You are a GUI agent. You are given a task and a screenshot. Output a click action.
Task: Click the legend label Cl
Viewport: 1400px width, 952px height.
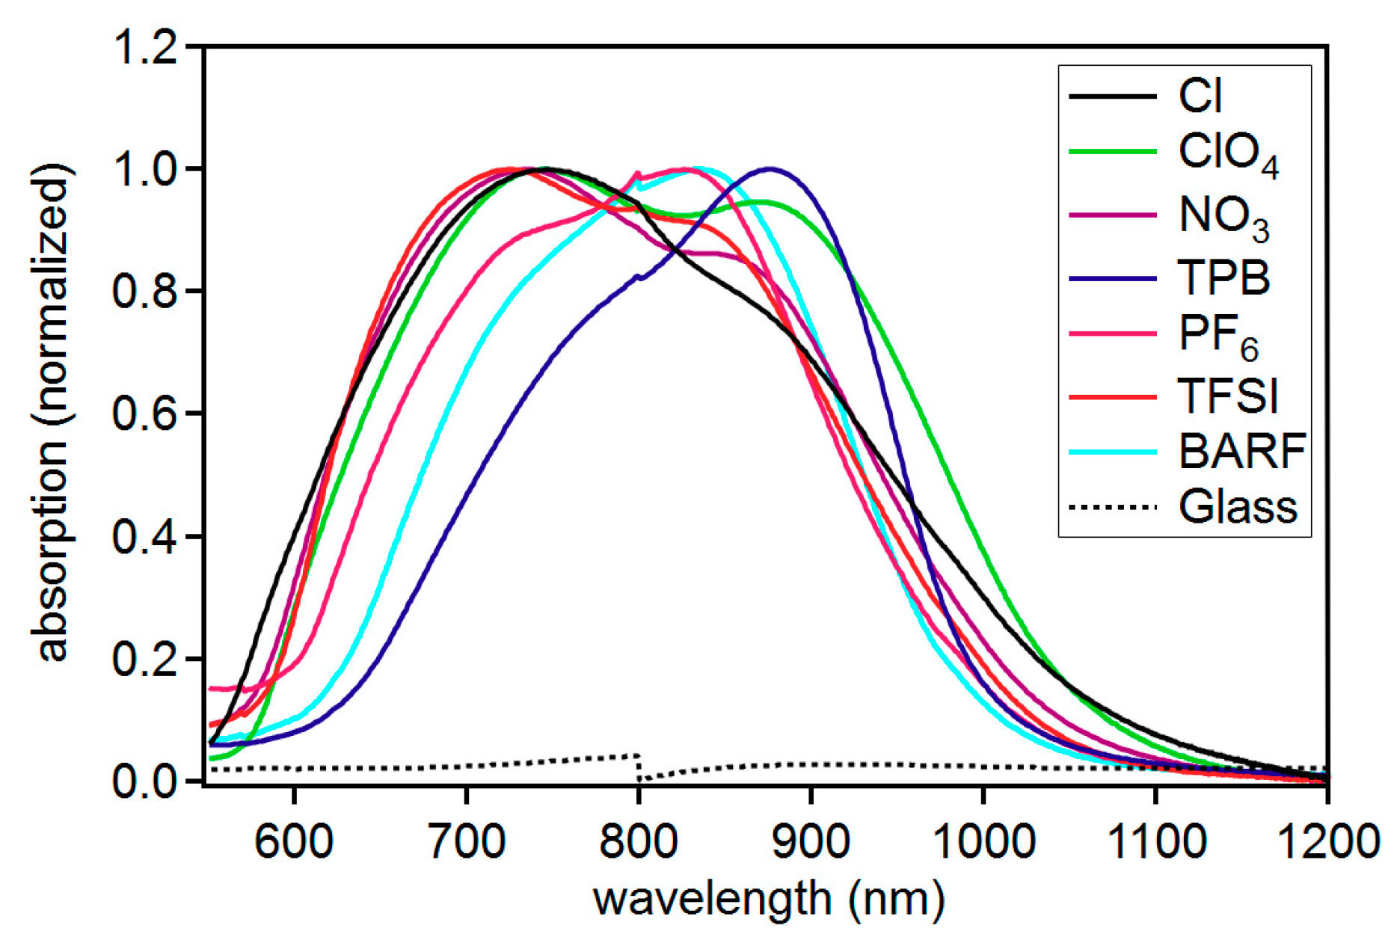1200,96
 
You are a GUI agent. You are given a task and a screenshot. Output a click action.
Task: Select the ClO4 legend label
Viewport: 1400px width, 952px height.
1227,154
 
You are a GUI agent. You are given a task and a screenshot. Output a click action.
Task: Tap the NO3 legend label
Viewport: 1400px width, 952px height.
1224,218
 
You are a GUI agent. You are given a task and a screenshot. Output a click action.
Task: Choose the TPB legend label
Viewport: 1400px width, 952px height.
1224,277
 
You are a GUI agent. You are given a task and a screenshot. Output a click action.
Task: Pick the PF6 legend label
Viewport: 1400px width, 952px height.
1218,336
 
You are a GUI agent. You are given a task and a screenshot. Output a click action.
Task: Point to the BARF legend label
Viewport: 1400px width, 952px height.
1241,451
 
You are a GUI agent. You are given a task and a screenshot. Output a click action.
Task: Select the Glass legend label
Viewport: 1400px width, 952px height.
1237,507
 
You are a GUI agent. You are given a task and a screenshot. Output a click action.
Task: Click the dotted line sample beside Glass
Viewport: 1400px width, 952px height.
1113,507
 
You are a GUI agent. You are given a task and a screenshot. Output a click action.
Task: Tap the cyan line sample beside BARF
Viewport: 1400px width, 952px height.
1113,452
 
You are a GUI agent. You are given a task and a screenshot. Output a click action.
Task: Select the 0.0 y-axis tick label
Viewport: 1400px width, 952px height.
145,781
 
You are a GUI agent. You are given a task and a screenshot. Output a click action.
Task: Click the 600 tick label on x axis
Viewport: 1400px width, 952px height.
294,841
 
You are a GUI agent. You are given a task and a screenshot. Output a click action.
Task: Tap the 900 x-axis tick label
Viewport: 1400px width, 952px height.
811,841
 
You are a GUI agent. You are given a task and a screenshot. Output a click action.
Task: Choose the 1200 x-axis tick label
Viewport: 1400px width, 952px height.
1326,841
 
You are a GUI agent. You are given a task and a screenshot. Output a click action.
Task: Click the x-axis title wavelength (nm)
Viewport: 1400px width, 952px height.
769,899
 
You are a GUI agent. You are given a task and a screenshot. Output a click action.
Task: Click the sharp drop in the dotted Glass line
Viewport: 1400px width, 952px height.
639,768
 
